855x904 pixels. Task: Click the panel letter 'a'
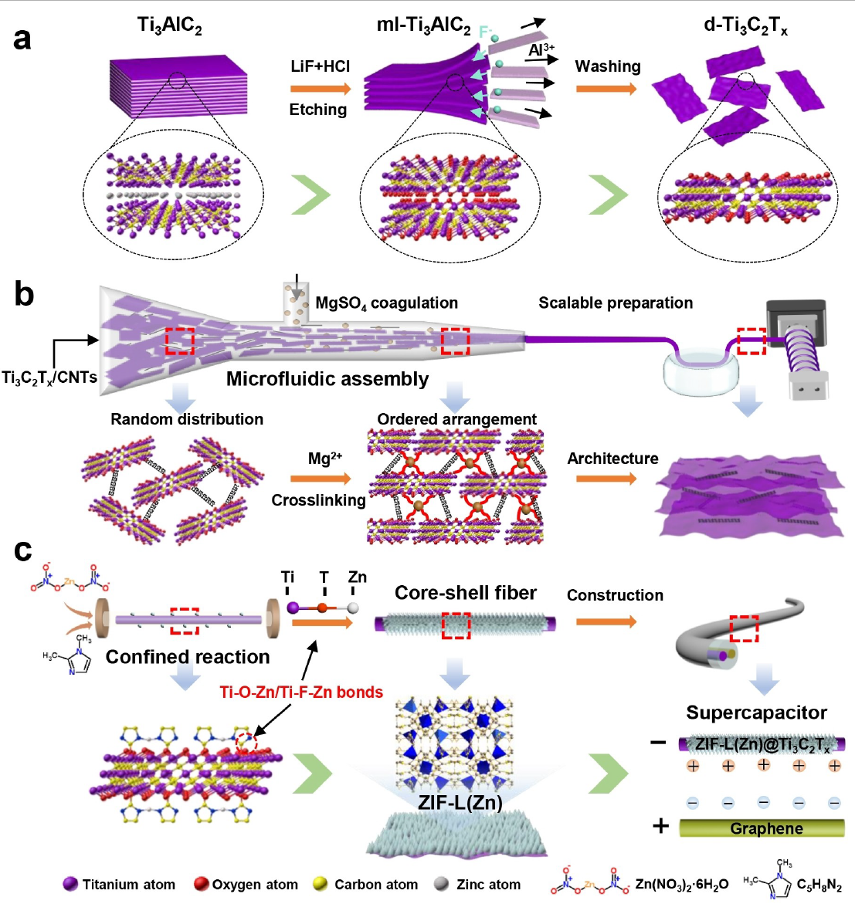[x=22, y=38]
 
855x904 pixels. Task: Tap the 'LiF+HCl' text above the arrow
[x=320, y=66]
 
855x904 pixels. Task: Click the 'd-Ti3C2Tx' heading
[x=745, y=26]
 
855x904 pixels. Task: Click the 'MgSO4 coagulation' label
[x=386, y=303]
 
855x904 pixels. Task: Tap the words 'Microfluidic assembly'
[x=327, y=379]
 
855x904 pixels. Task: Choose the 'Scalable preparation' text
[x=616, y=303]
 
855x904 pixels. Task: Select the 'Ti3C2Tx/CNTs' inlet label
[x=49, y=378]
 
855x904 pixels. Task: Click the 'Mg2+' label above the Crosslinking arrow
[x=324, y=459]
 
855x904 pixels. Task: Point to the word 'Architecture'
[x=612, y=459]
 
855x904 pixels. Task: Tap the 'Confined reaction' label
[x=188, y=657]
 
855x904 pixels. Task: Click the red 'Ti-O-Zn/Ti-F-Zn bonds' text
[x=301, y=692]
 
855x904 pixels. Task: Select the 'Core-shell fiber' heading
[x=465, y=593]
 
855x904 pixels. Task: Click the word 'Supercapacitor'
[x=756, y=713]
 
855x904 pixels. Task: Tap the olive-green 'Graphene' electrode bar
[x=762, y=828]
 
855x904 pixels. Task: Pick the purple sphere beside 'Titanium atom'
[x=70, y=884]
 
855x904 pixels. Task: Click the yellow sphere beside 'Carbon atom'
[x=321, y=884]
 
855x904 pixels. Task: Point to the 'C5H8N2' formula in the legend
[x=819, y=885]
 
